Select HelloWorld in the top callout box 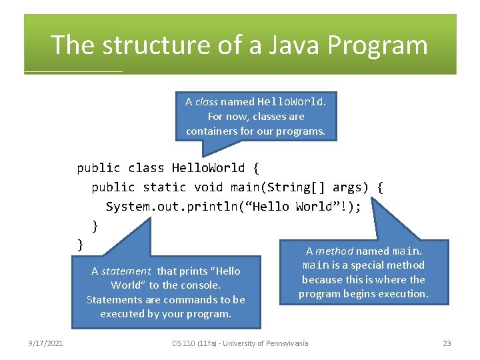pyautogui.click(x=291, y=102)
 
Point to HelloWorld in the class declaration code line pyautogui.click(x=209, y=168)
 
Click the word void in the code pyautogui.click(x=209, y=187)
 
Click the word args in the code pyautogui.click(x=347, y=187)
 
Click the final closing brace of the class pyautogui.click(x=81, y=245)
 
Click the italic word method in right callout pyautogui.click(x=334, y=251)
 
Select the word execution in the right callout pyautogui.click(x=402, y=294)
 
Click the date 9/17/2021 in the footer pyautogui.click(x=46, y=343)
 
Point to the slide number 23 pyautogui.click(x=447, y=343)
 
